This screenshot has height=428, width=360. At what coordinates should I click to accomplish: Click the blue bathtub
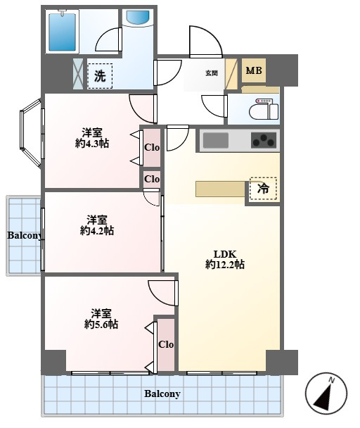62,32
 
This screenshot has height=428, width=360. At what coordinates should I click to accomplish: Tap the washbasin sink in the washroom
139,18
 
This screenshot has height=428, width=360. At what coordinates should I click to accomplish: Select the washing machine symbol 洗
100,76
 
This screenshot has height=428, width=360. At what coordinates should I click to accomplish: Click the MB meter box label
254,70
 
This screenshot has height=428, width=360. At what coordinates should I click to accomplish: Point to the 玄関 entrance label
212,73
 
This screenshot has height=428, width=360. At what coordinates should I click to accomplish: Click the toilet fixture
264,109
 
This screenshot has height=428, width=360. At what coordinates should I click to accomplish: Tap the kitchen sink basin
216,141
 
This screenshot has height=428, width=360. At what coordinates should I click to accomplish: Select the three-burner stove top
264,140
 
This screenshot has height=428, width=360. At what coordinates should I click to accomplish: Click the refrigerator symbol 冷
263,189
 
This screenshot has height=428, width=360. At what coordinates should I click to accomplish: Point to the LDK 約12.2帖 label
225,259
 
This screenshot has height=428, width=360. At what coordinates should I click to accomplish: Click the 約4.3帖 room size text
92,143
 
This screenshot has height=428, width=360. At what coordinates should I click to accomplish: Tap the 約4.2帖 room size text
97,231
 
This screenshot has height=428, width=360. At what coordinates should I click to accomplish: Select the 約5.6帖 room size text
101,325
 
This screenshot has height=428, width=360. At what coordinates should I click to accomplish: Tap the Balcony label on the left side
25,235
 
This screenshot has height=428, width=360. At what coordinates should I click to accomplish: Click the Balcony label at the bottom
162,394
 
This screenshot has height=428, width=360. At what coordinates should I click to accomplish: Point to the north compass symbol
326,393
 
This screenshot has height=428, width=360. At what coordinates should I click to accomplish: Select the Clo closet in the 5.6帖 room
166,345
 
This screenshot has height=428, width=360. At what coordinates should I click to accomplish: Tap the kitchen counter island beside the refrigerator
220,189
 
